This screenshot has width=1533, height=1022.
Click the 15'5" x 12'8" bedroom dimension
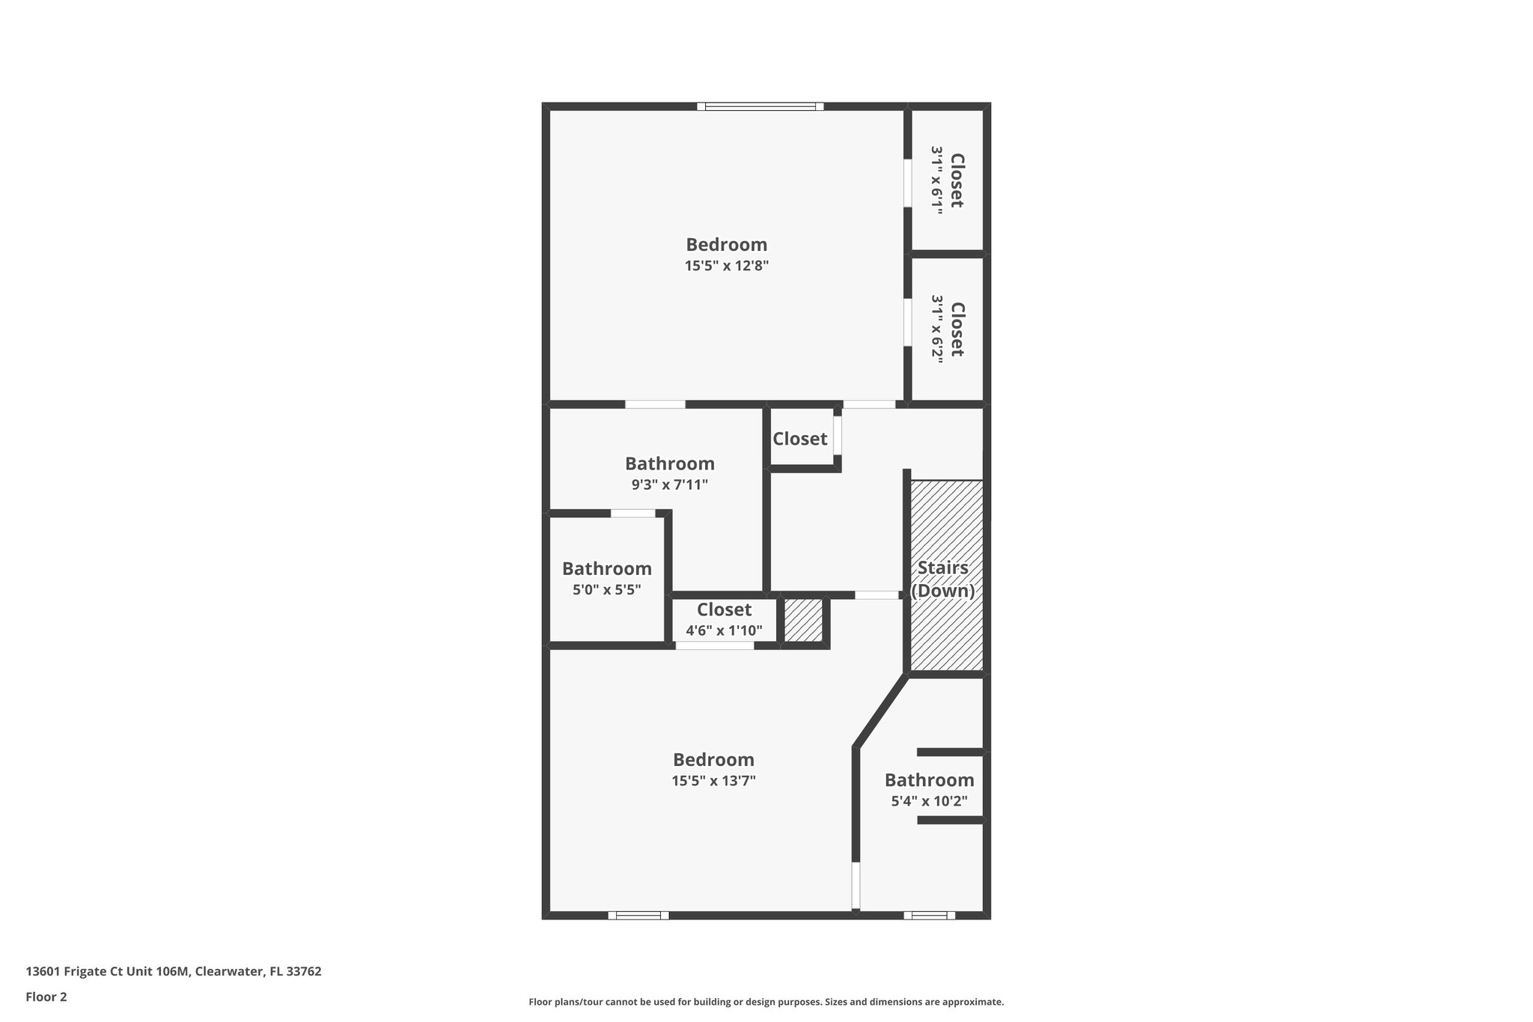[x=726, y=266]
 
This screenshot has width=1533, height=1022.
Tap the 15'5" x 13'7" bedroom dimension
[x=713, y=781]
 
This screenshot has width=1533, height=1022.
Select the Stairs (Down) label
[x=942, y=580]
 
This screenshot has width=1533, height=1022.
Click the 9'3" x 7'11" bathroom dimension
[x=669, y=484]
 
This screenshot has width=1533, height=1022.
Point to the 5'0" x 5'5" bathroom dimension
[x=606, y=589]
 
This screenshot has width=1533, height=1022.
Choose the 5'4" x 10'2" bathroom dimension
[x=929, y=801]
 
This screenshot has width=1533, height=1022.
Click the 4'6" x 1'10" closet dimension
[x=724, y=630]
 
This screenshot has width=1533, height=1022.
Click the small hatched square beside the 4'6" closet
[x=803, y=620]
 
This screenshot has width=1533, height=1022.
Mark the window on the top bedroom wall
[x=760, y=106]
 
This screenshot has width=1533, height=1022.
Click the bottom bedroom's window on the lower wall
[x=638, y=915]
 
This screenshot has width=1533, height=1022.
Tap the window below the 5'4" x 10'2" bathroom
[x=929, y=915]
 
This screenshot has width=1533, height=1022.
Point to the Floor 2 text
[x=46, y=997]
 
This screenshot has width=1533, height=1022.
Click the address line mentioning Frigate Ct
[x=174, y=971]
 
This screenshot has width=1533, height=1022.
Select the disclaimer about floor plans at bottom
[x=766, y=1002]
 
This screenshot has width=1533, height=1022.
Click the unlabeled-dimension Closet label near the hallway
[x=799, y=439]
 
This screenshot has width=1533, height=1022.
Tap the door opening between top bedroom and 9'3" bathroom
[x=655, y=404]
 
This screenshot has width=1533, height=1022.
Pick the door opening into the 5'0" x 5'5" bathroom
[x=633, y=514]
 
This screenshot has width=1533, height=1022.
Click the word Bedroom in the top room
[x=726, y=245]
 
